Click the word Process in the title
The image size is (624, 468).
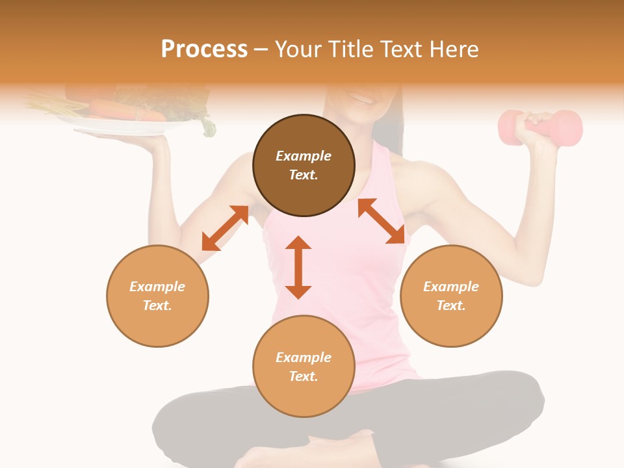[x=204, y=49]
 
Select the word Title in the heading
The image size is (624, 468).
[x=349, y=49]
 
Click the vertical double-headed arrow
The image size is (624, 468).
[x=298, y=267]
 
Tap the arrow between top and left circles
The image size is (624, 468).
[x=225, y=227]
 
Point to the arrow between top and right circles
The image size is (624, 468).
[x=381, y=221]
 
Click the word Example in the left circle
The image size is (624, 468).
[x=157, y=287]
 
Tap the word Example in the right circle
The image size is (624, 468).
[x=451, y=287]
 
